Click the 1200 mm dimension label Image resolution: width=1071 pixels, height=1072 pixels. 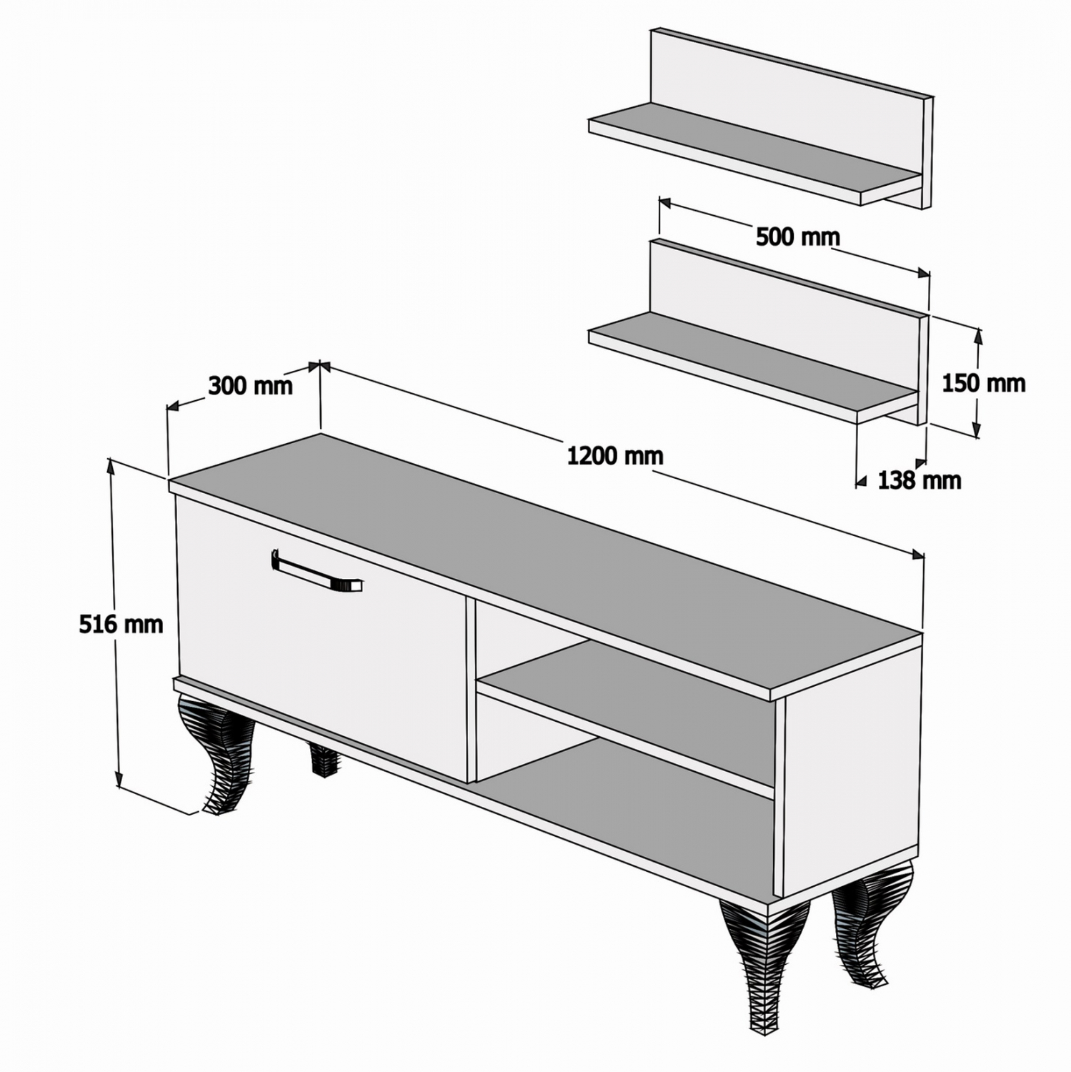pos(615,455)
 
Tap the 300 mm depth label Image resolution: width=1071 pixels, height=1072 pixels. pos(251,386)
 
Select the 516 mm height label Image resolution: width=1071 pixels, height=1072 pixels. pos(121,624)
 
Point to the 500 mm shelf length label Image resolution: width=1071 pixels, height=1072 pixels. pos(798,237)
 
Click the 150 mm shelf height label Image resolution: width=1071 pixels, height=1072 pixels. pos(984,384)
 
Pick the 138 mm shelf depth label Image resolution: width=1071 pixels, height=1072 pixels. pos(920,480)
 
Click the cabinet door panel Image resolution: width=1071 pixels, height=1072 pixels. pos(322,636)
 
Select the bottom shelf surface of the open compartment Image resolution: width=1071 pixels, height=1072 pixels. pos(629,815)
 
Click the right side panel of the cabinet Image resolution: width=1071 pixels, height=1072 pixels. pos(852,761)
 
